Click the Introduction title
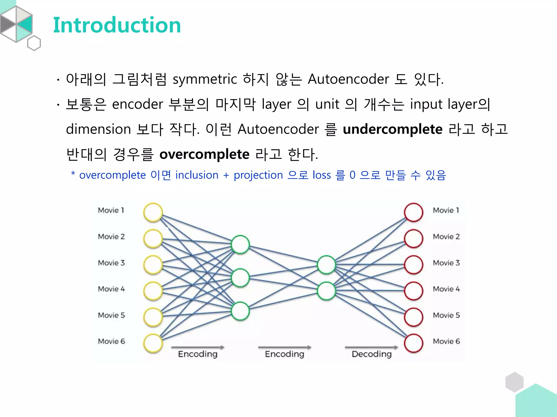point(117,25)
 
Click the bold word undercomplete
point(392,129)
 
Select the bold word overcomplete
point(204,154)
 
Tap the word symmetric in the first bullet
point(205,80)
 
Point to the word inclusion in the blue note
point(197,175)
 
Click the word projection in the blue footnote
point(258,175)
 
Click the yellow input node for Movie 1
point(153,212)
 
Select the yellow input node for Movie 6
point(153,343)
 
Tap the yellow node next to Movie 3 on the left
point(153,265)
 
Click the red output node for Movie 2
point(413,238)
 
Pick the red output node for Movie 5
point(413,317)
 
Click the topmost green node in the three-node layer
point(240,244)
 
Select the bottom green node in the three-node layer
point(240,311)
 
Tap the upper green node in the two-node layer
point(326,264)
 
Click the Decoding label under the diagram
point(372,354)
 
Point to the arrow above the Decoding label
point(371,347)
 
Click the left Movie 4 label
point(111,289)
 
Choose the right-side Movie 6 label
point(446,341)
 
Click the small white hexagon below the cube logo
point(34,43)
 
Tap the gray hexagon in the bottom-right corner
point(514,382)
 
